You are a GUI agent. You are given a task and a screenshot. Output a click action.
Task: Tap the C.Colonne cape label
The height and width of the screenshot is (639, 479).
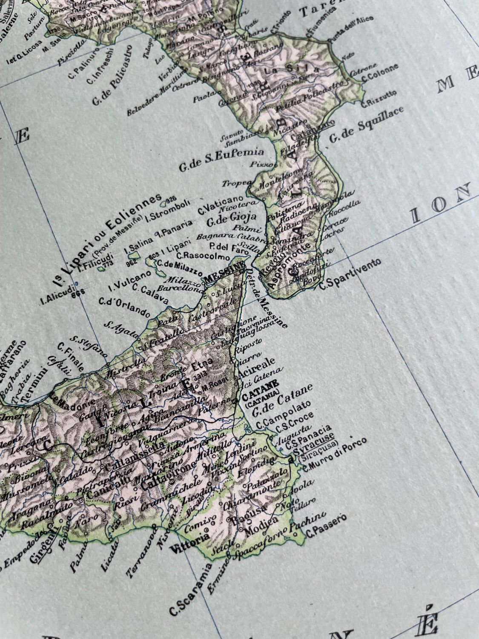tap(380, 73)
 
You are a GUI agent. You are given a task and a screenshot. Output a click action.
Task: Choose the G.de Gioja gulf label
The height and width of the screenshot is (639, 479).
tap(231, 219)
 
